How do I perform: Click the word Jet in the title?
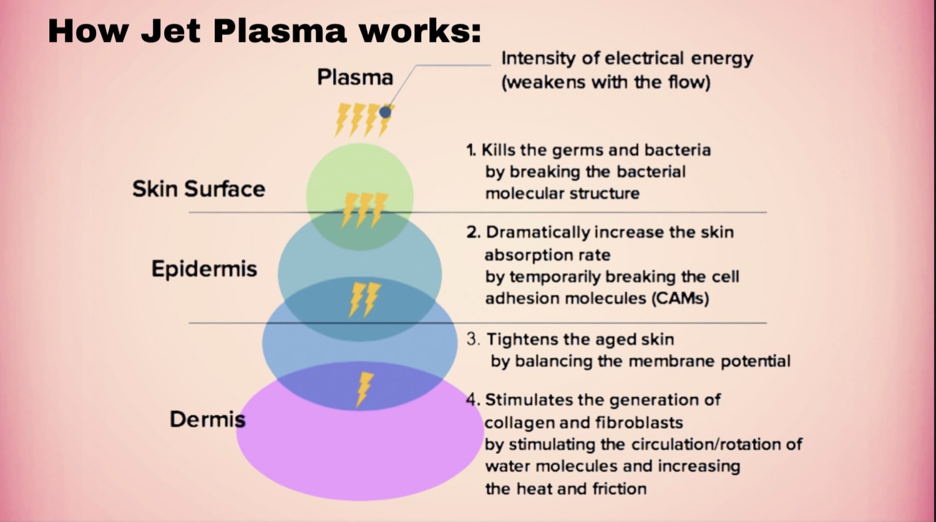(x=171, y=31)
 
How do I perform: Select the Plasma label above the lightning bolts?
(x=355, y=77)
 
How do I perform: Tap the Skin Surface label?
(x=198, y=189)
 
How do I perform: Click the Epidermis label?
(x=204, y=269)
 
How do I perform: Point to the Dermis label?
(x=207, y=419)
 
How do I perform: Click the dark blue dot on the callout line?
(x=386, y=112)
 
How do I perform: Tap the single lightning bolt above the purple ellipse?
(x=364, y=389)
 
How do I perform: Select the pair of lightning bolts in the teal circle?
(x=364, y=298)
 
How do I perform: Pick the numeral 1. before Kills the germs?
(x=471, y=150)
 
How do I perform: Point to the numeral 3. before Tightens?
(x=474, y=340)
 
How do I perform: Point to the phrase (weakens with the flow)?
(x=606, y=82)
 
